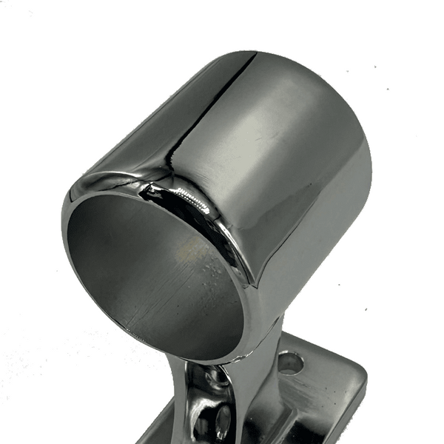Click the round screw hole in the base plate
click(x=290, y=363)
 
